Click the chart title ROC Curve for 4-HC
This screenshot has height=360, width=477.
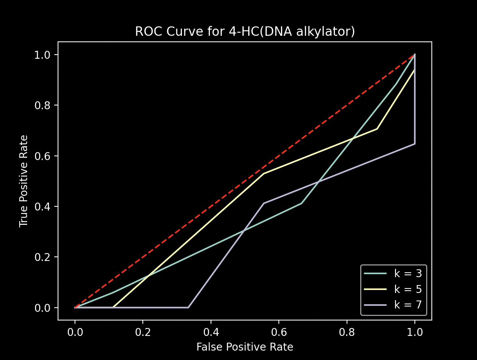click(245, 32)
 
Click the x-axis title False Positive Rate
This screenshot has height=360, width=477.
click(245, 347)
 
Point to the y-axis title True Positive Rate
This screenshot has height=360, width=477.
click(24, 181)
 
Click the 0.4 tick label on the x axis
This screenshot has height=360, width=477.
click(211, 332)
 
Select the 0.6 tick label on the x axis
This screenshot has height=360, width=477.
click(278, 332)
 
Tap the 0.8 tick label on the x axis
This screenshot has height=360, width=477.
click(347, 332)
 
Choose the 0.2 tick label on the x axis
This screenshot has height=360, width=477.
click(143, 332)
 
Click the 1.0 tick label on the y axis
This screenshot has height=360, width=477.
click(42, 55)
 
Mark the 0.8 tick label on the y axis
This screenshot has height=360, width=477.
click(42, 105)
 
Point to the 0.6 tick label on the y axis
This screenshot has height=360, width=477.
click(42, 156)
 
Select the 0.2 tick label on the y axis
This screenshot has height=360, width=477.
click(42, 257)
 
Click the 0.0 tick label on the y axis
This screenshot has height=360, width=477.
click(42, 308)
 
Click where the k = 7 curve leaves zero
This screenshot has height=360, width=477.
click(188, 307)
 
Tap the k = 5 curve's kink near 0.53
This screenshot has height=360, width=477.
click(264, 174)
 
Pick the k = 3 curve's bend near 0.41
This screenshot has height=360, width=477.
click(301, 203)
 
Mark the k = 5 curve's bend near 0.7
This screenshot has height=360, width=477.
click(377, 129)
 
